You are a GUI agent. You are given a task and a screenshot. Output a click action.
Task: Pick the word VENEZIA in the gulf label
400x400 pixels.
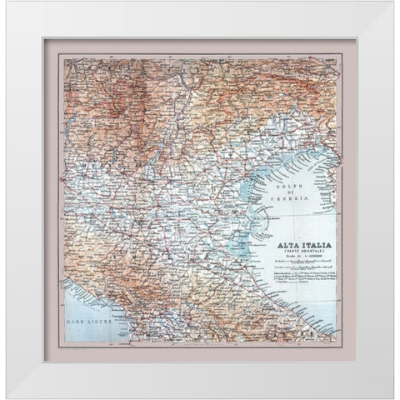tap(293, 201)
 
